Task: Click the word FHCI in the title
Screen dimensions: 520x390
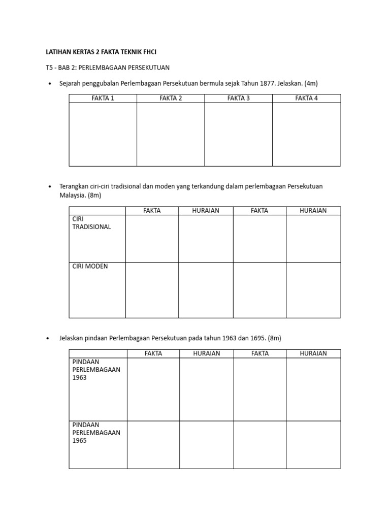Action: point(149,52)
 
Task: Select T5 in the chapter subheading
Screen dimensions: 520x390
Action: point(50,68)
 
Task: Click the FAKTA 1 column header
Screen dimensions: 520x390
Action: point(103,99)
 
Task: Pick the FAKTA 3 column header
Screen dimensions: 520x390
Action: point(238,99)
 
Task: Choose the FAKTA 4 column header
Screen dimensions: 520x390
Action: point(306,99)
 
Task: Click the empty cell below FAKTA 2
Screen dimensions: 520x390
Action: point(171,134)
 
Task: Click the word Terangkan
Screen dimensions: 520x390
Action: point(75,186)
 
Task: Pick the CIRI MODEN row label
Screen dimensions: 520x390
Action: point(90,266)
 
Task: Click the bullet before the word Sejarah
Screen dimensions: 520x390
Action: point(49,84)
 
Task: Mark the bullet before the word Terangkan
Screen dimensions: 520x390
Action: point(49,187)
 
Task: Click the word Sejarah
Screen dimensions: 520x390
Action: point(71,83)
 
